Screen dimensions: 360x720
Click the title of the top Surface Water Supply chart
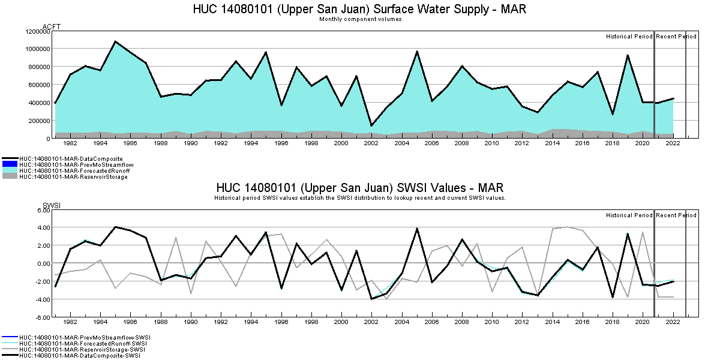pyautogui.click(x=360, y=10)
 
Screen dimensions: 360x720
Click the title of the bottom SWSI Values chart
pyautogui.click(x=360, y=187)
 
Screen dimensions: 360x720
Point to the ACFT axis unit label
pyautogui.click(x=52, y=26)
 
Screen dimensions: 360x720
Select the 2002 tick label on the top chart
pyautogui.click(x=371, y=144)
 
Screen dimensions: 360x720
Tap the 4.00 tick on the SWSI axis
pyautogui.click(x=41, y=227)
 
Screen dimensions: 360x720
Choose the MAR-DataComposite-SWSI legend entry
pyautogui.click(x=80, y=356)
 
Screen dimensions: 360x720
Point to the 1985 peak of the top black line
pyautogui.click(x=115, y=41)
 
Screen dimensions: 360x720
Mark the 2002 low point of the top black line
pyautogui.click(x=371, y=126)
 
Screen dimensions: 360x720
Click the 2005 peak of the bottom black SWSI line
pyautogui.click(x=417, y=228)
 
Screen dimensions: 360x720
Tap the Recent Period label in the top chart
pyautogui.click(x=676, y=37)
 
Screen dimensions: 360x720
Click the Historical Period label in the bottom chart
pyautogui.click(x=629, y=215)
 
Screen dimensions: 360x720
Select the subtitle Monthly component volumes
pyautogui.click(x=360, y=19)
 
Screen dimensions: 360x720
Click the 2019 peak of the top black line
pyautogui.click(x=628, y=55)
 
